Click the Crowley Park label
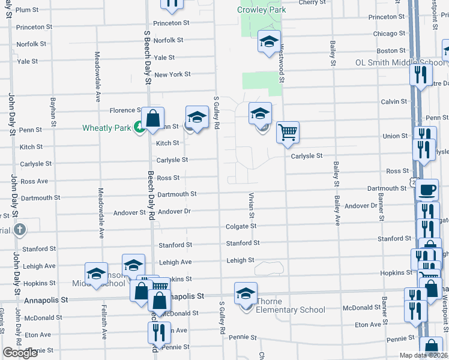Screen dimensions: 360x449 (x=261, y=10)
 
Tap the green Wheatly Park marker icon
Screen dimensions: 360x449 (x=139, y=127)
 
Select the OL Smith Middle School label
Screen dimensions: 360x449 (x=400, y=62)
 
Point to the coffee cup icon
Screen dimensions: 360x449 (x=427, y=190)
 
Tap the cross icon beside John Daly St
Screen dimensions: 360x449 (x=20, y=229)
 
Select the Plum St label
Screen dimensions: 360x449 (x=26, y=10)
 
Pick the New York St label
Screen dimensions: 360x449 (x=172, y=74)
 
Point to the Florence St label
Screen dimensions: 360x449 (x=124, y=110)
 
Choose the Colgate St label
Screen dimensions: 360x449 (x=241, y=226)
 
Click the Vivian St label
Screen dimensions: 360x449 (x=252, y=206)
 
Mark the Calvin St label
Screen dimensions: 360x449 (x=394, y=102)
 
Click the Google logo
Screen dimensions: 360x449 (x=20, y=353)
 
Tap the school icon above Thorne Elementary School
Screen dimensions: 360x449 (x=246, y=293)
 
